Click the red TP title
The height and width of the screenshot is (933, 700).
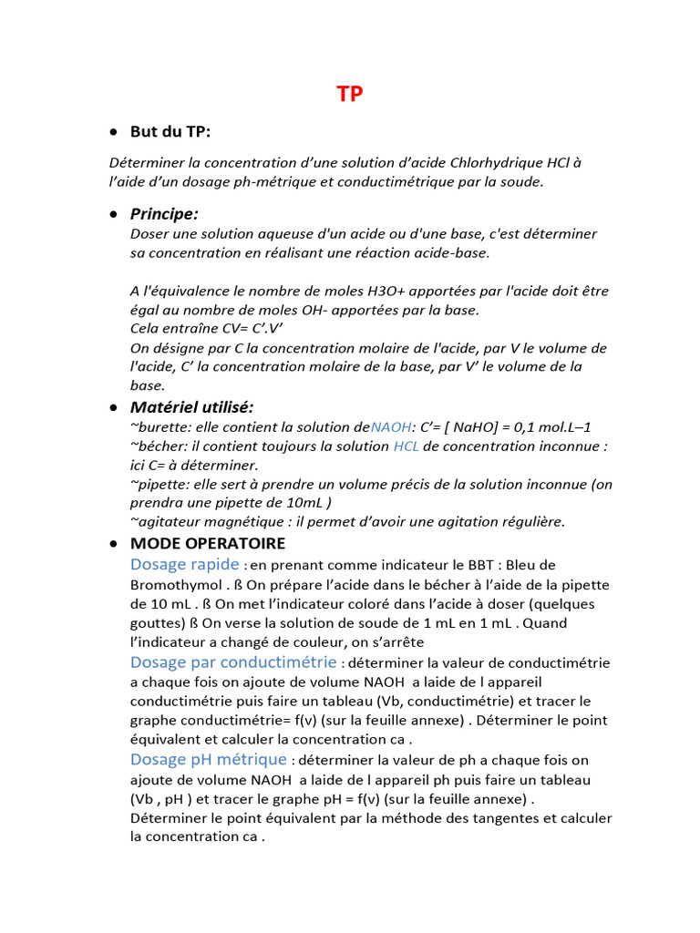tap(349, 95)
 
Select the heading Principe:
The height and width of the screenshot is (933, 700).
tap(164, 214)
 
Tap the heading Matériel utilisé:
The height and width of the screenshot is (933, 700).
tap(191, 406)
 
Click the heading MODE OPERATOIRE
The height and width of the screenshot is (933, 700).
tap(208, 544)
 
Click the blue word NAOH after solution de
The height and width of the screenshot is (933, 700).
tap(391, 426)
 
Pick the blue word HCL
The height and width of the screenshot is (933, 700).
tap(407, 446)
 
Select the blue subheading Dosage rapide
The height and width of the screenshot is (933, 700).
tap(185, 564)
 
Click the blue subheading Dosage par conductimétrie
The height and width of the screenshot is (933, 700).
tap(233, 662)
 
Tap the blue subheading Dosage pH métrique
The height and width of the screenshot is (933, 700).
tap(209, 759)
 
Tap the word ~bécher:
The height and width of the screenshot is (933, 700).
tap(159, 446)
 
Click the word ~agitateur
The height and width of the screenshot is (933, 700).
tap(168, 522)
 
